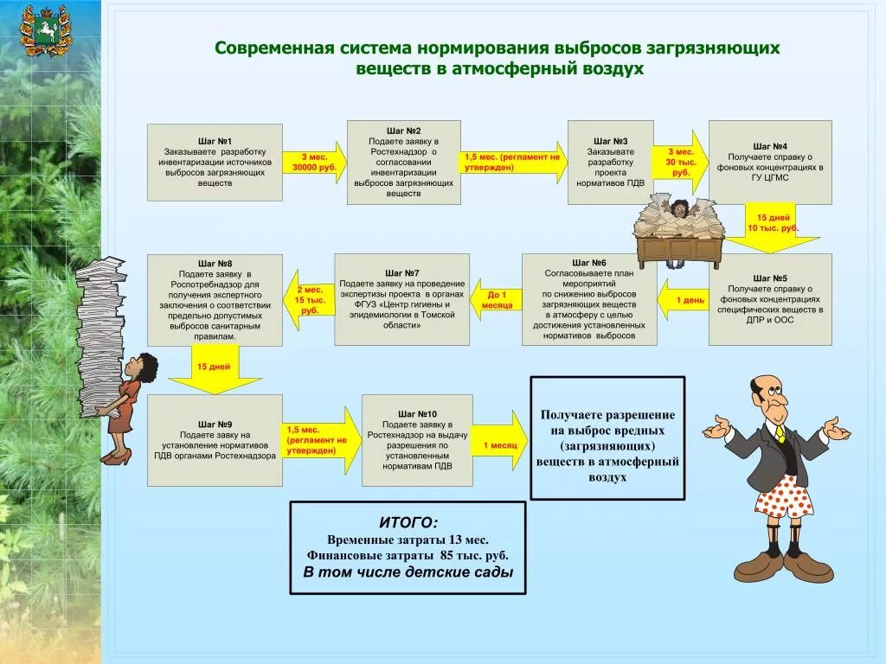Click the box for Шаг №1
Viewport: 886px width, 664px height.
pos(215,162)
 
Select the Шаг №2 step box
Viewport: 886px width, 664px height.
pos(403,162)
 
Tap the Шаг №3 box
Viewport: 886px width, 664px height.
pos(610,162)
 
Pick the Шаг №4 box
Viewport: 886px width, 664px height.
pos(770,162)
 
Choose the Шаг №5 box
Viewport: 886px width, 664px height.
pos(770,299)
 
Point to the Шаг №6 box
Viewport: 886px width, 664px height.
pos(588,299)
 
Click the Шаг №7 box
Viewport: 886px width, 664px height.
pos(401,299)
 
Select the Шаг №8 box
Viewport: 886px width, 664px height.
pos(215,299)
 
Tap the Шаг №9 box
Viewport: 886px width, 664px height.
pos(215,440)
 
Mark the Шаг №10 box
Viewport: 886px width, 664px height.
pos(417,440)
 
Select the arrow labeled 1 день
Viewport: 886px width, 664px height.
pos(684,300)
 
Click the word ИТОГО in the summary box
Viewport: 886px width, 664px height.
pos(408,522)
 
